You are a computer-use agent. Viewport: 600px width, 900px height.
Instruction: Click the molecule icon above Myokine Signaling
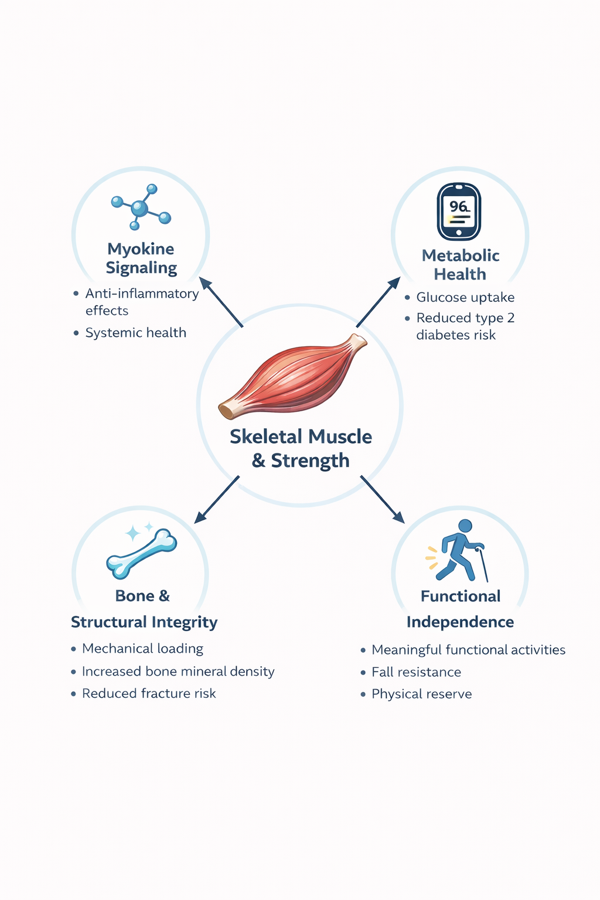(141, 207)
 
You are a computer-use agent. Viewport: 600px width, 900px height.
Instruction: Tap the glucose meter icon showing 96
(459, 212)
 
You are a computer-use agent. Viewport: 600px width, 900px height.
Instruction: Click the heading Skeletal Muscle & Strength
(301, 448)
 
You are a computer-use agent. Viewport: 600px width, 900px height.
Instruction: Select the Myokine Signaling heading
(141, 258)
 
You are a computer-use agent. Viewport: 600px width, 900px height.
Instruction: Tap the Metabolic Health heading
(461, 265)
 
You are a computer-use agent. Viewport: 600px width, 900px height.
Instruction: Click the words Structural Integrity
(144, 622)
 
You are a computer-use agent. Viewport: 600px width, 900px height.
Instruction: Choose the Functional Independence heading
(461, 609)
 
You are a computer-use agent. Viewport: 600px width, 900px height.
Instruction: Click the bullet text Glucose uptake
(465, 298)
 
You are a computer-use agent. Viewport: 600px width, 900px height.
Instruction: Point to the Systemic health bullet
(135, 333)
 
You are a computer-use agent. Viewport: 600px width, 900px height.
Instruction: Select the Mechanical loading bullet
(142, 649)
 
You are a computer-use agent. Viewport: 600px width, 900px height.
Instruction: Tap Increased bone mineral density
(178, 671)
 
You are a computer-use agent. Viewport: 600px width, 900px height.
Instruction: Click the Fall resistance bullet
(416, 672)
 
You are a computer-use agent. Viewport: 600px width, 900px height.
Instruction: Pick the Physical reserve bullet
(421, 694)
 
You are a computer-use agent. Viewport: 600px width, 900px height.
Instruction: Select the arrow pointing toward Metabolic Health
(378, 302)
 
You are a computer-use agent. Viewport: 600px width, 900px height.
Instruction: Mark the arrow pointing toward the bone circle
(217, 499)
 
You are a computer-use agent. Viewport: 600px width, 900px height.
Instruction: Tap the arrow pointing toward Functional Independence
(382, 499)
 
